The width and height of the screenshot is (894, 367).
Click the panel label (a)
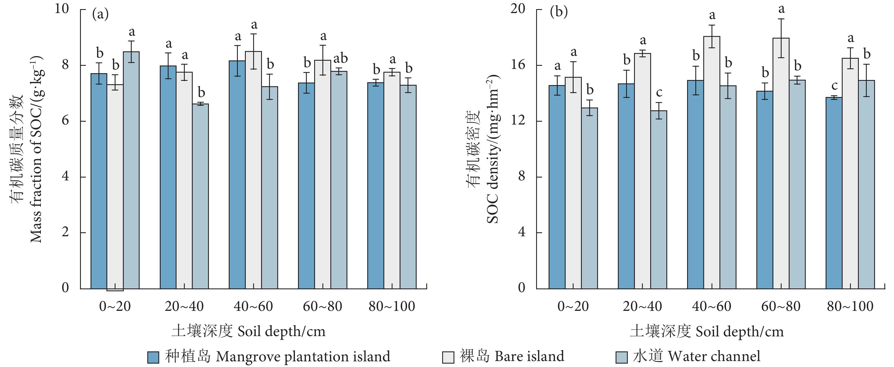click(x=100, y=14)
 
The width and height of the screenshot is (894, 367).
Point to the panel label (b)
click(x=559, y=12)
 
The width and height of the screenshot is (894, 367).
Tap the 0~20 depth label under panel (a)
click(x=115, y=306)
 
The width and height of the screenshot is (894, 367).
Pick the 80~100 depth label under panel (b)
click(x=850, y=306)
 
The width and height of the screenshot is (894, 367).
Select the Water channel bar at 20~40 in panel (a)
click(x=200, y=196)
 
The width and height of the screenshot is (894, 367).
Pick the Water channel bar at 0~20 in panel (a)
click(x=131, y=170)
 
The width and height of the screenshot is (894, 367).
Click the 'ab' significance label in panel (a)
click(x=341, y=58)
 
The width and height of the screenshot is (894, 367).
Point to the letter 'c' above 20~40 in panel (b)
click(x=659, y=93)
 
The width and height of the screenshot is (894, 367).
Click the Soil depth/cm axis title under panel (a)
click(x=249, y=331)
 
